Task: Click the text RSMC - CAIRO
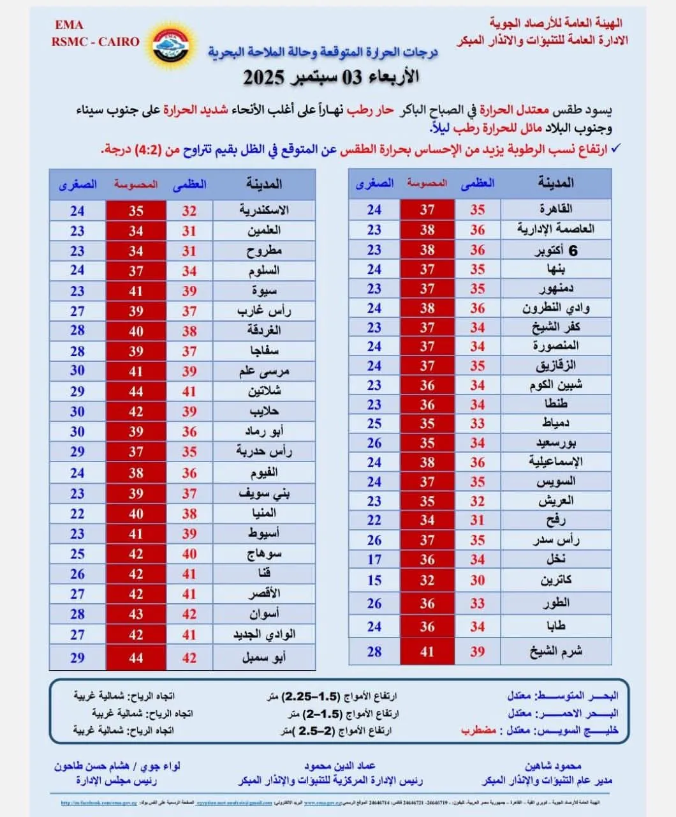coord(96,42)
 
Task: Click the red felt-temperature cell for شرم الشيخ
coord(427,652)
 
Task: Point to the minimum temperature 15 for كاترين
coord(374,580)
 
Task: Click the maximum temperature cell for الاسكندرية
coord(189,211)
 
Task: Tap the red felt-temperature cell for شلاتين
coord(136,391)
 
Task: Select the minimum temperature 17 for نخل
coord(374,560)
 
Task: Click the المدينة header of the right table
coord(555,183)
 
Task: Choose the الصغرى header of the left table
coord(78,184)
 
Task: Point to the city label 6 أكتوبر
coord(555,251)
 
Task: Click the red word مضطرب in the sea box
coord(479,730)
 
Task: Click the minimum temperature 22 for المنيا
coord(77,514)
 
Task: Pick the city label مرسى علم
coord(264,371)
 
